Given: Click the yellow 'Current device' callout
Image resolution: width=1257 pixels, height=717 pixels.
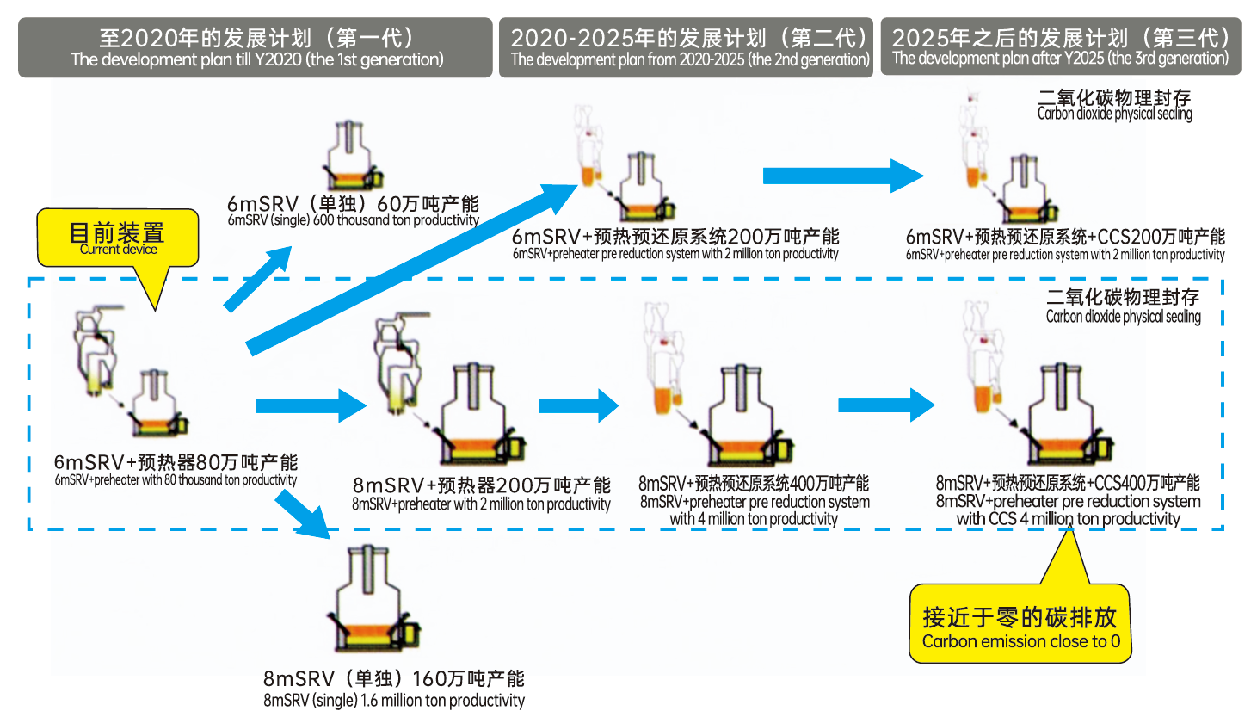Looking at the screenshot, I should coord(118,238).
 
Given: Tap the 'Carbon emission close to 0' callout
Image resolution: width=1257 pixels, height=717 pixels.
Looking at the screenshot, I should coord(1020,627).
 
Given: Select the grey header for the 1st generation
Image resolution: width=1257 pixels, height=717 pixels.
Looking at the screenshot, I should coord(256,47).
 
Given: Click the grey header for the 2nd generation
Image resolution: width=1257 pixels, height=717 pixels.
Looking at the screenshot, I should coord(687,47).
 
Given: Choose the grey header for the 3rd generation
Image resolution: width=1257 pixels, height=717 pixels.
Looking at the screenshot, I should coord(1061,46).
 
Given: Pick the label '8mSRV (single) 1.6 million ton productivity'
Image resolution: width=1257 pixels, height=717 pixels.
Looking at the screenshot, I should coord(394,689).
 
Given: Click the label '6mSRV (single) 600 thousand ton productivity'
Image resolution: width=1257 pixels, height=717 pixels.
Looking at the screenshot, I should coord(353,211).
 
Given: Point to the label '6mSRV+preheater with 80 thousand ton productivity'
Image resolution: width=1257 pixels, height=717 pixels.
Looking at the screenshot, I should coord(176,470).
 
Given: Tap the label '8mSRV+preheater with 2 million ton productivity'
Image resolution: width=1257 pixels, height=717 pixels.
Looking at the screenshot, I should coord(481,494).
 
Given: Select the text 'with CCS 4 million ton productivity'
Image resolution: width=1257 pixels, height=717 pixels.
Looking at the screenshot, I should coord(1068,519).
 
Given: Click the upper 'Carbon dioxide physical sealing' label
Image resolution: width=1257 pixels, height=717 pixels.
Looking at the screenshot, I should coord(1114,105).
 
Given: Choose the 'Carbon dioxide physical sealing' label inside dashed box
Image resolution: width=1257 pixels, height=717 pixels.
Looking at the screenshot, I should coord(1123,306).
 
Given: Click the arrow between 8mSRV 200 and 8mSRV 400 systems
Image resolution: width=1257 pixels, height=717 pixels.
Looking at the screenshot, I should coord(577,405).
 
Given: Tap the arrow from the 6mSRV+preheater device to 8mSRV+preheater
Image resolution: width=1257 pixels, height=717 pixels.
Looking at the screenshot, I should coord(310,405).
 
